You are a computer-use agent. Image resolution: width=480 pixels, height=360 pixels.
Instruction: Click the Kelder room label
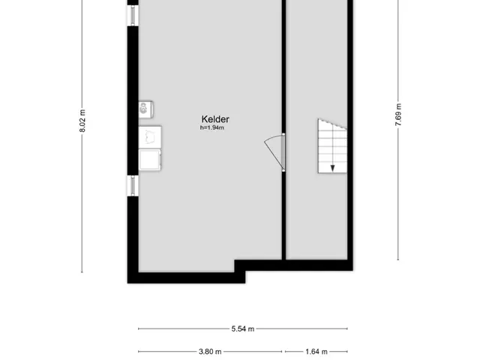point(215,119)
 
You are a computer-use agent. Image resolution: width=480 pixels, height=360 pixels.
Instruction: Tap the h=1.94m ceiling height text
point(212,127)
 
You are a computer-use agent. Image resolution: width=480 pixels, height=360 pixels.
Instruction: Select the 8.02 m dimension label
point(82,121)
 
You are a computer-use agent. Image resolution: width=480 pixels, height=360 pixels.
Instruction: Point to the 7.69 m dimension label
point(398,115)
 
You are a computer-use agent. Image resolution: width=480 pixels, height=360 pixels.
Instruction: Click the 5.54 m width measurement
point(243,328)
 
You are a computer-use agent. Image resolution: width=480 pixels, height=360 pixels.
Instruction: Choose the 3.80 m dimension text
point(210,352)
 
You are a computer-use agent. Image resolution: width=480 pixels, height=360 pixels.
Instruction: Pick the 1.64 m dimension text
point(316,352)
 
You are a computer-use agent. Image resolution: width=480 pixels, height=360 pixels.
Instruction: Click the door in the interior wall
point(283,152)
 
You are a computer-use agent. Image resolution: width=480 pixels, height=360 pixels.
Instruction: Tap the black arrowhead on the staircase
point(332,168)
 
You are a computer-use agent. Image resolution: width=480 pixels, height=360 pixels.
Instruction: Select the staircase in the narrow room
point(332,146)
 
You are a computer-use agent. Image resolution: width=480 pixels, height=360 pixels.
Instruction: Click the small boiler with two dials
point(145,109)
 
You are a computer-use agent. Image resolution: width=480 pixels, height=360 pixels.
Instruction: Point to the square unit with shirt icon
point(150,136)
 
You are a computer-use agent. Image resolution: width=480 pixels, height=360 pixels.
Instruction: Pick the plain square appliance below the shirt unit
point(150,160)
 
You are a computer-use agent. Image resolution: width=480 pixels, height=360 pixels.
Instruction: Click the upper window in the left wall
point(133,15)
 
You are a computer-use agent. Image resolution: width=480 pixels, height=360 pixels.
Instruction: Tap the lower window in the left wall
point(133,186)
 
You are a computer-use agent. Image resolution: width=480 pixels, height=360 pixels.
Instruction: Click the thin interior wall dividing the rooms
point(283,130)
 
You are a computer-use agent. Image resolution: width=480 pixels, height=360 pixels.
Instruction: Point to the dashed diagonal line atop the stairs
point(332,124)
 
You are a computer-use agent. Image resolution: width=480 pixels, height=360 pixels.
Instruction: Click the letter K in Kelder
point(204,119)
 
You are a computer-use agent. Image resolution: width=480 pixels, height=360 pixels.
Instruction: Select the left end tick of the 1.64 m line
point(285,352)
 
